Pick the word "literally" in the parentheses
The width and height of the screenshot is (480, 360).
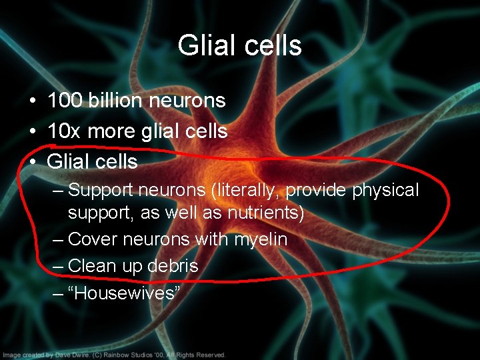coord(247,191)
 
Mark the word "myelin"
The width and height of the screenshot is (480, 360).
coord(261,239)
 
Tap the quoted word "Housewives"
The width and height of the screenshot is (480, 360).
coord(124,293)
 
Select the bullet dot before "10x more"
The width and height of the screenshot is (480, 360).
coord(32,132)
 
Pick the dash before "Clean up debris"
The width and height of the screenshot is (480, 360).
coord(57,266)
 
